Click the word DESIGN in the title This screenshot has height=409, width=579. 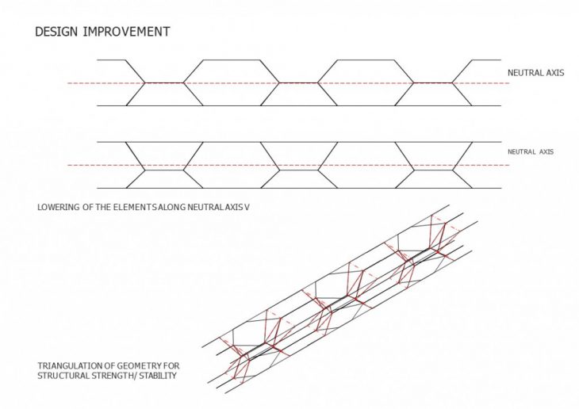[56, 32]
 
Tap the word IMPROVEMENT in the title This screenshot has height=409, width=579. [126, 32]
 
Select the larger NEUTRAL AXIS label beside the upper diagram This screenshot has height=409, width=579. [536, 73]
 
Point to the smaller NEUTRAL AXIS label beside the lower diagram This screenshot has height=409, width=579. [531, 151]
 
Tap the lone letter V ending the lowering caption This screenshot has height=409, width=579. [247, 207]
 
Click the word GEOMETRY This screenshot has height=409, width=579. [140, 366]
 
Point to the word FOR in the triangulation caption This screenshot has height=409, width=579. [171, 366]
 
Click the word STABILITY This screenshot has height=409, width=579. [158, 376]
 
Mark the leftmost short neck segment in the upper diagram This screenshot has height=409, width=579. [164, 82]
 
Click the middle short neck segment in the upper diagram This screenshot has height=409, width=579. [298, 82]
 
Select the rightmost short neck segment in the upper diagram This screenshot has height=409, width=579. [433, 82]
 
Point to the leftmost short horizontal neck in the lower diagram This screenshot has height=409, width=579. [164, 170]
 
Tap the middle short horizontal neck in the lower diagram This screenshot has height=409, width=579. [298, 170]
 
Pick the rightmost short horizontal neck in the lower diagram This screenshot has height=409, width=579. [433, 170]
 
